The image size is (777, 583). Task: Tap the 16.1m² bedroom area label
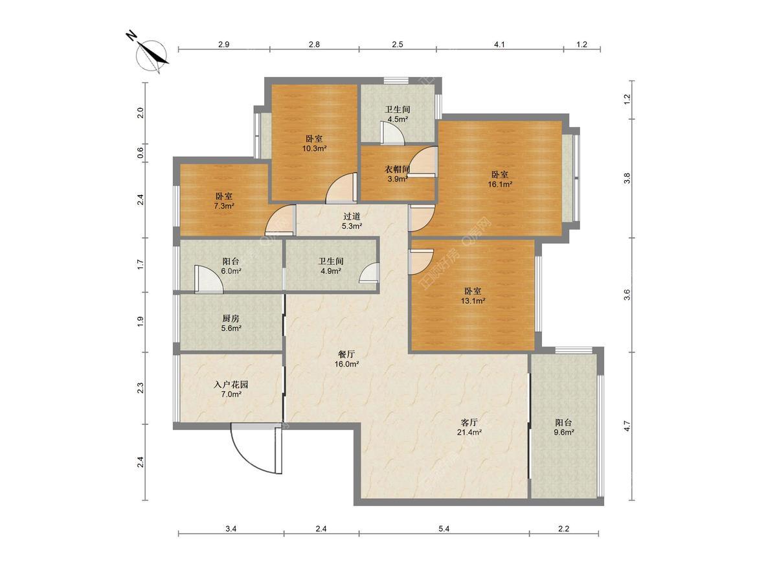click(500, 179)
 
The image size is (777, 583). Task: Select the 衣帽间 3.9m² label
click(397, 174)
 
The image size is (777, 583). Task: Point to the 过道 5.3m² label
click(352, 220)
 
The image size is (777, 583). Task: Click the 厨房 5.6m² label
click(231, 323)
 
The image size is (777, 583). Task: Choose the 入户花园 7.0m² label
click(231, 389)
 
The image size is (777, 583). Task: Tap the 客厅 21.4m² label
click(469, 428)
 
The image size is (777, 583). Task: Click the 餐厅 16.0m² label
click(347, 359)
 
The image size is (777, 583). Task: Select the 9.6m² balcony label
click(563, 428)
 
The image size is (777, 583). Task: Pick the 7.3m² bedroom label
click(224, 201)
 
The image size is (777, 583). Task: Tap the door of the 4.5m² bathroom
click(392, 133)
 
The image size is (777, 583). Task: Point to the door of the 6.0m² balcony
click(208, 279)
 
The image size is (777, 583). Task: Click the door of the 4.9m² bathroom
click(370, 273)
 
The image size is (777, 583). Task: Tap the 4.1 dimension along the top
click(499, 44)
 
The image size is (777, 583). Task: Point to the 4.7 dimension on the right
click(627, 426)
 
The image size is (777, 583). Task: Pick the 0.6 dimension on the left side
click(141, 153)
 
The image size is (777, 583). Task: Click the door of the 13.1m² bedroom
click(420, 262)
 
